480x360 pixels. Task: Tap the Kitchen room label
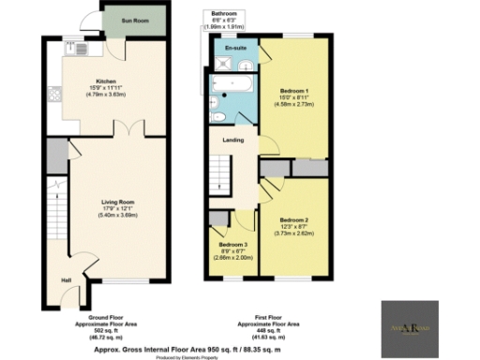tap(105, 82)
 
